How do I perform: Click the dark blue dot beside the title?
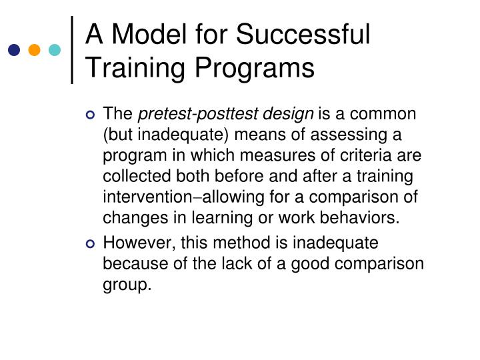pos(14,50)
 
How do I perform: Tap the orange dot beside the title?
pos(35,50)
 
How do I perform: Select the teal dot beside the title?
pos(55,50)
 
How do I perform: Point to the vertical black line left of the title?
pos(72,50)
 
